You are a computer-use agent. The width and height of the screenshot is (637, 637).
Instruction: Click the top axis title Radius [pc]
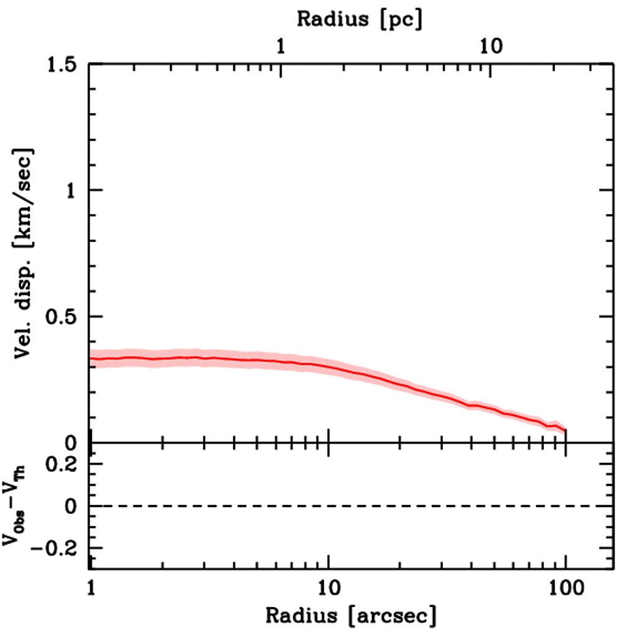(360, 19)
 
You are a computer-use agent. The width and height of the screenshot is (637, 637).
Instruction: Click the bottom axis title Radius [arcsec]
(351, 616)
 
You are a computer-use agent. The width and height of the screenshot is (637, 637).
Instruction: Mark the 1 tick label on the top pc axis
(281, 47)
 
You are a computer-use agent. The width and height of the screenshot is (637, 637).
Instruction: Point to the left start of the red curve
(91, 358)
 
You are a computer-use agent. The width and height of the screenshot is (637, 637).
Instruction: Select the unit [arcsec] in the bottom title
(393, 616)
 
